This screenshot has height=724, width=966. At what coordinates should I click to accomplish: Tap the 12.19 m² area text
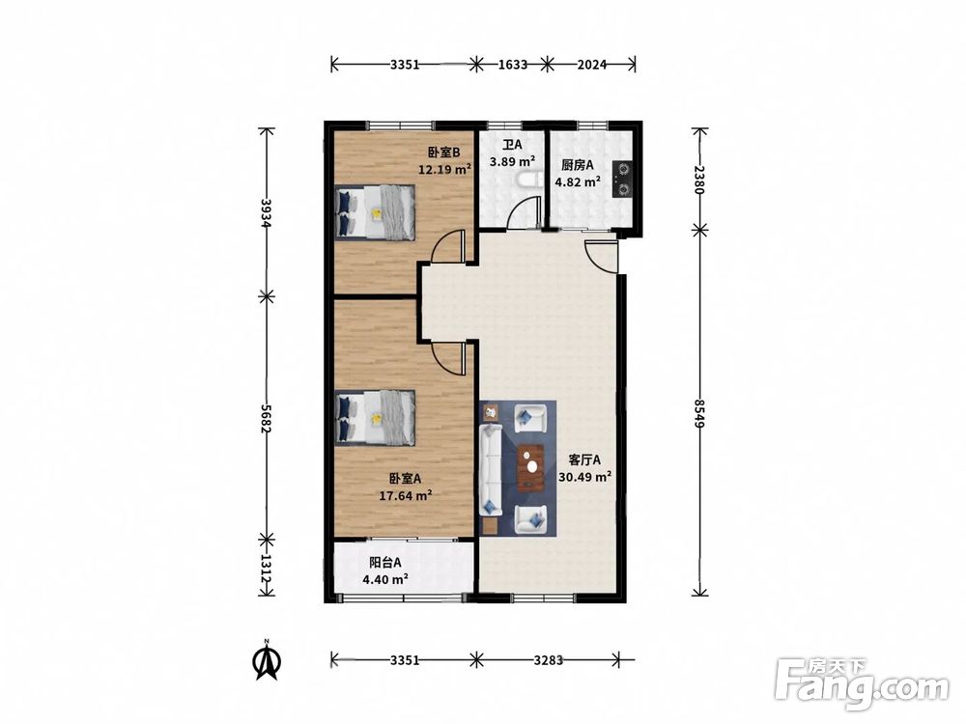pyautogui.click(x=444, y=169)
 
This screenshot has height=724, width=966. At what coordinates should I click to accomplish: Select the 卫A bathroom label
pyautogui.click(x=512, y=146)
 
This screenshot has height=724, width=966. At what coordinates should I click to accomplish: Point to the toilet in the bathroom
pyautogui.click(x=527, y=180)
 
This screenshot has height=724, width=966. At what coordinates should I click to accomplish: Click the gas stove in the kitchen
pyautogui.click(x=622, y=179)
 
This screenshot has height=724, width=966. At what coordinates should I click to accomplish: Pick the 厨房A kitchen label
pyautogui.click(x=578, y=165)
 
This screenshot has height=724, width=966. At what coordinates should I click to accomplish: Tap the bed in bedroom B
pyautogui.click(x=375, y=212)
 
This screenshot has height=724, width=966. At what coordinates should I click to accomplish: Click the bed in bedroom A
pyautogui.click(x=375, y=417)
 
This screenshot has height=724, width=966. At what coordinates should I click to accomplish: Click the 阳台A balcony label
pyautogui.click(x=385, y=563)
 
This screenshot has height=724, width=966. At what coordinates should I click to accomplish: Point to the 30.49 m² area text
pyautogui.click(x=584, y=477)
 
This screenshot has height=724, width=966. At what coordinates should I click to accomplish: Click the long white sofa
pyautogui.click(x=491, y=469)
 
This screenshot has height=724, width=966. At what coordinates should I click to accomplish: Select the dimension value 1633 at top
pyautogui.click(x=513, y=64)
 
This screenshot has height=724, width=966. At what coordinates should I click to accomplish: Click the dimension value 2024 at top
pyautogui.click(x=592, y=64)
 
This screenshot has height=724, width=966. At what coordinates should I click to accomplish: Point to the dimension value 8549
pyautogui.click(x=699, y=414)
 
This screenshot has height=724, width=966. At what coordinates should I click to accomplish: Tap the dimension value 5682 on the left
pyautogui.click(x=267, y=419)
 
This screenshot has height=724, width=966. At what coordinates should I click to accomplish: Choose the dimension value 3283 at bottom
pyautogui.click(x=549, y=660)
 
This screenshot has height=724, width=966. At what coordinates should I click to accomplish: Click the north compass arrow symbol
pyautogui.click(x=268, y=660)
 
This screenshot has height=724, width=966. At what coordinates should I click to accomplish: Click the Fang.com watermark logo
pyautogui.click(x=862, y=684)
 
